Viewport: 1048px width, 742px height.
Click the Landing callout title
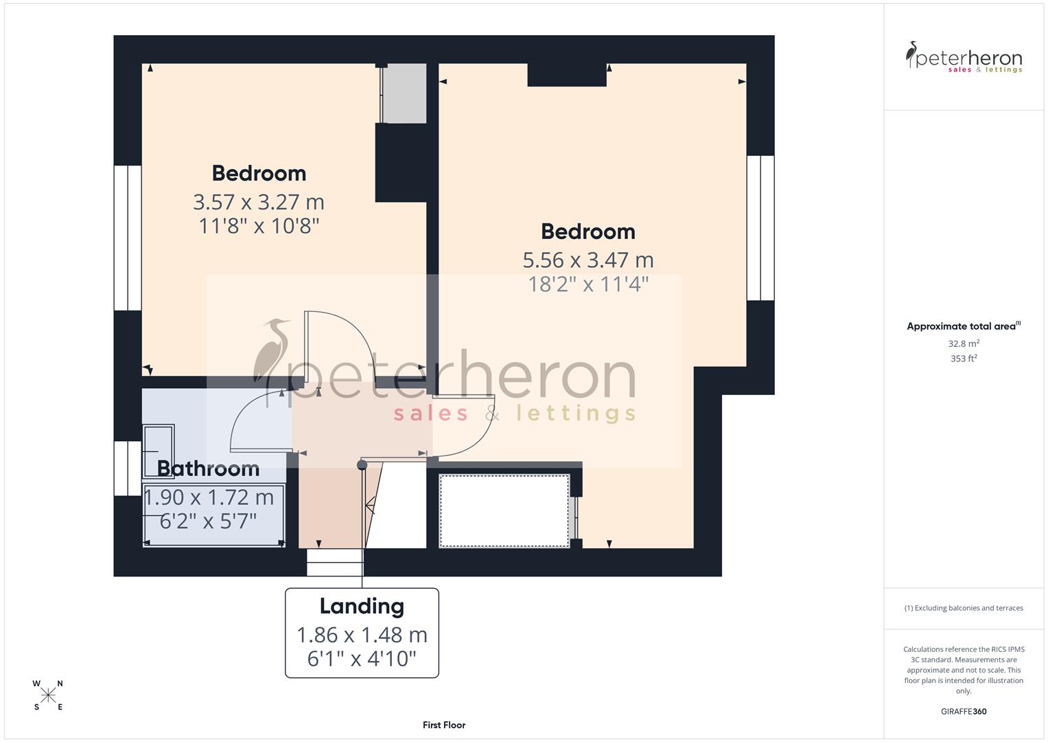tap(362, 606)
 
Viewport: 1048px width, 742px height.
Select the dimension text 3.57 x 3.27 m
tap(258, 202)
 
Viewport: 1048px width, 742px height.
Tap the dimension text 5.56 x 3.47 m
tap(587, 260)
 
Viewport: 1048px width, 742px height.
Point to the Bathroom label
tap(208, 469)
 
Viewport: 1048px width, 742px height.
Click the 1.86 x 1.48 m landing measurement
tap(362, 635)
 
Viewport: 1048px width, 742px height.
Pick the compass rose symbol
tap(48, 695)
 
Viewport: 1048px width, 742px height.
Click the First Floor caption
tap(444, 725)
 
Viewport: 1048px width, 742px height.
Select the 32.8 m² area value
tap(963, 344)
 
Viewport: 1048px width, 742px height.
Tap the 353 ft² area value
tap(963, 359)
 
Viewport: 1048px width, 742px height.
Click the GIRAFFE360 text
tap(963, 711)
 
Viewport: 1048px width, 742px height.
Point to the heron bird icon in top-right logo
tap(912, 54)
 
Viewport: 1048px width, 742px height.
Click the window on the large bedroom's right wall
tap(760, 228)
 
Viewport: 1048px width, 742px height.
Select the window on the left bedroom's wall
tap(128, 238)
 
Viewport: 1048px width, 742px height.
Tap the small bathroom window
tap(128, 468)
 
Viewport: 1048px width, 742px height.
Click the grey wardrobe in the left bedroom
tap(404, 93)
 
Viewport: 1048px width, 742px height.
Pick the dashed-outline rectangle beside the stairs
tap(504, 510)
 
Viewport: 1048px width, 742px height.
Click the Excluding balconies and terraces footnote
tap(963, 608)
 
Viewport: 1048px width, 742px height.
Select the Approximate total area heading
tap(963, 326)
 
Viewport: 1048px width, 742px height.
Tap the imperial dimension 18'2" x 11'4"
tap(587, 284)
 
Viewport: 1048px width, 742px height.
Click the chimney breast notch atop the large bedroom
tap(566, 75)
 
